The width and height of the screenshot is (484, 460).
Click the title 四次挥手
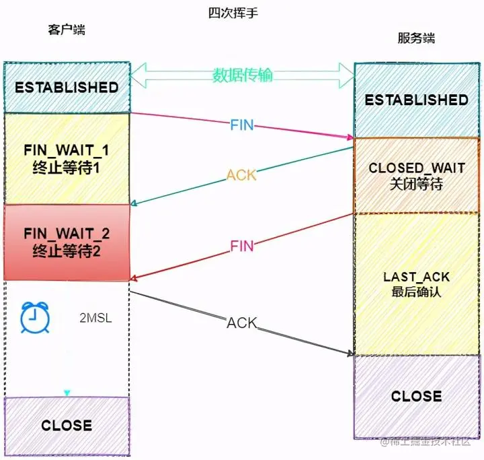tap(235, 13)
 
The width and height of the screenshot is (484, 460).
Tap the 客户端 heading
tap(67, 30)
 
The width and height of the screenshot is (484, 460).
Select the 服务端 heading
tap(416, 38)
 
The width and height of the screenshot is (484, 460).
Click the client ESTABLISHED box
tap(67, 88)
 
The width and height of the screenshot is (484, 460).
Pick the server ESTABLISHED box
tap(416, 100)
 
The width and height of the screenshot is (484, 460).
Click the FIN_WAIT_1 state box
tap(67, 158)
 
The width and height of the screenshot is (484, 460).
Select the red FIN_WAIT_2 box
tap(67, 242)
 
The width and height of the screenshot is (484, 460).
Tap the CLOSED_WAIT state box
tap(416, 176)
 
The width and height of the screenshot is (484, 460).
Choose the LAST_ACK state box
tap(416, 284)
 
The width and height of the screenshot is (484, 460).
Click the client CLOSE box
tap(67, 425)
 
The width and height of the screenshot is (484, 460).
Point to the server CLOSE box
tap(416, 396)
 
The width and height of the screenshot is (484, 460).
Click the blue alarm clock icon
tap(32, 319)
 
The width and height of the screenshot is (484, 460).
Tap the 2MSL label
tap(95, 317)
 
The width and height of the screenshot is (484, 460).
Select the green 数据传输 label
tap(243, 75)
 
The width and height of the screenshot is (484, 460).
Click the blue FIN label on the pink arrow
tap(242, 125)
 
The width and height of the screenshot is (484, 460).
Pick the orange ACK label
tap(241, 175)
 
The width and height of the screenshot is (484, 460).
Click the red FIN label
tap(242, 247)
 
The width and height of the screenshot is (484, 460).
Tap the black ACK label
tap(242, 323)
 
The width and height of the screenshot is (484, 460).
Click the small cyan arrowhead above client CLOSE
tap(67, 393)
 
